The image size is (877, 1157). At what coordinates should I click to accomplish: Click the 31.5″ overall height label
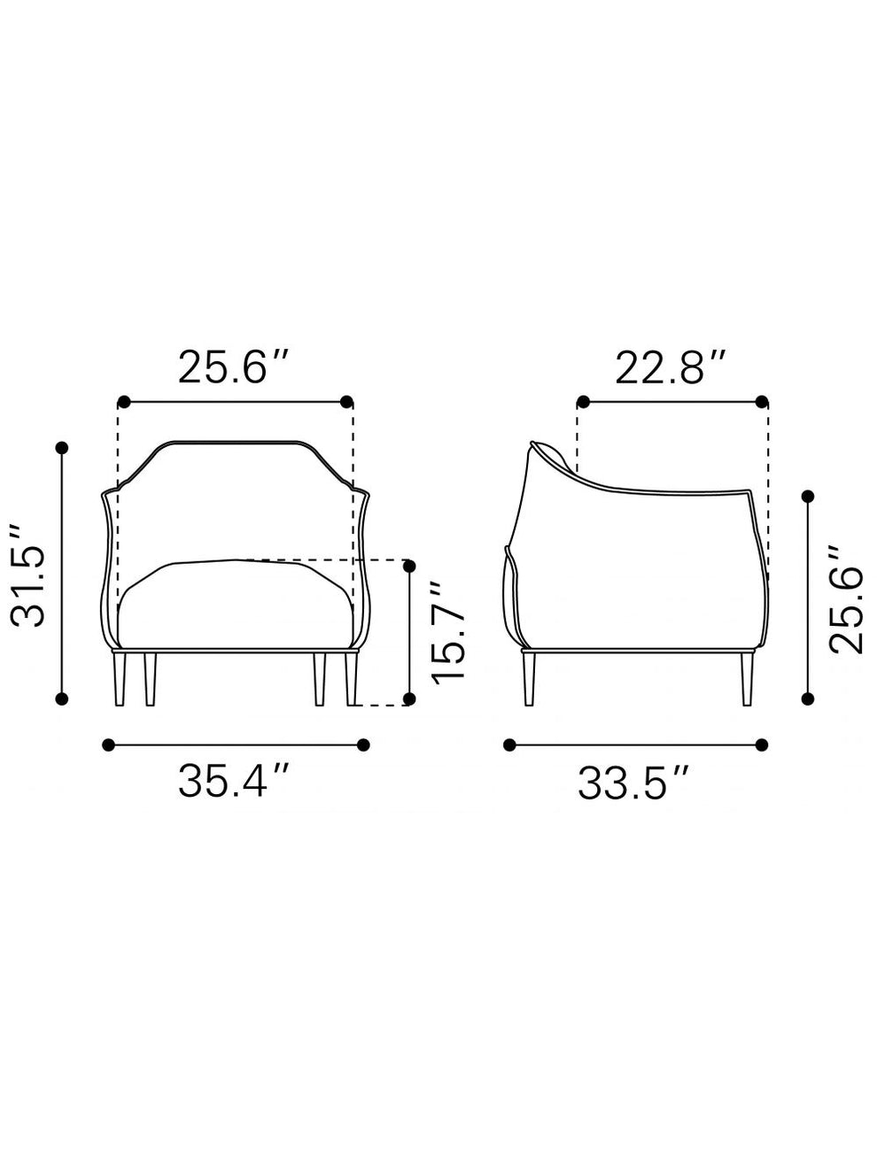point(27,575)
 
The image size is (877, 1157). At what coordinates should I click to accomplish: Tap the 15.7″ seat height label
point(447,630)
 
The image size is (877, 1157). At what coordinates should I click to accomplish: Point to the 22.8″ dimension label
point(671,366)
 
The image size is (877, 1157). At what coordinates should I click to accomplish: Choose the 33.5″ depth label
point(633,783)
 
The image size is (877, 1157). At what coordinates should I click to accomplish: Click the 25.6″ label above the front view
point(234,366)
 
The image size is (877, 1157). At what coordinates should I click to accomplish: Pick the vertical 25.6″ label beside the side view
point(845,600)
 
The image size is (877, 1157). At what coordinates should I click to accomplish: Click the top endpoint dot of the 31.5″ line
point(62,448)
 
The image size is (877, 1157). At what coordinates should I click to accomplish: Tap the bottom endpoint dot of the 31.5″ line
point(62,699)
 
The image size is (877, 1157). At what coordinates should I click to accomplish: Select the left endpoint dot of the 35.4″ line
point(109,744)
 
